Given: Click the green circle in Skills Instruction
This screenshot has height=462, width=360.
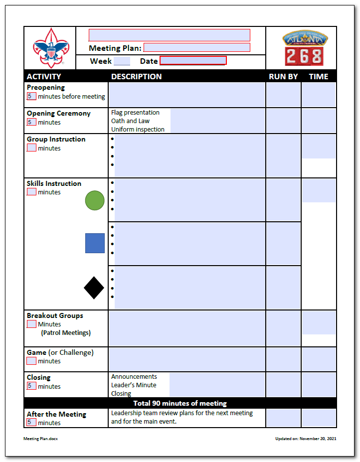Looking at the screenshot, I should tap(95, 200).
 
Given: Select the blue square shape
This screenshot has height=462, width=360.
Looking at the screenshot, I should tap(95, 243).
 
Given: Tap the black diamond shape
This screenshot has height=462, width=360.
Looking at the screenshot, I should tap(94, 288).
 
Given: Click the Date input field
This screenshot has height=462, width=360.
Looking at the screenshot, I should tap(193, 61).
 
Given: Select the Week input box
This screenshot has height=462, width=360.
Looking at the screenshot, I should tap(122, 61).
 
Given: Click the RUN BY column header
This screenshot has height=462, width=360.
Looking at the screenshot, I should tap(283, 77).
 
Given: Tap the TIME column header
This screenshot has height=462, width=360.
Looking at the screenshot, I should tap(319, 77).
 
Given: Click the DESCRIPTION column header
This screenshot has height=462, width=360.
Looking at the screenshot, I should tap(136, 77).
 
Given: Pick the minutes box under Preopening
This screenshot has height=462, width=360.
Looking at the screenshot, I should tap(31, 97).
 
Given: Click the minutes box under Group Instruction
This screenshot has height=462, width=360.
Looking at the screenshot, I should tap(31, 148).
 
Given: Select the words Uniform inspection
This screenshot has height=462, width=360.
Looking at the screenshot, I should tap(138, 130).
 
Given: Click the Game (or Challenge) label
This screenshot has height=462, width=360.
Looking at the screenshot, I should tap(60, 352).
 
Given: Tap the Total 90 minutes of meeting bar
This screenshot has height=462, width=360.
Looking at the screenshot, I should tap(180, 403).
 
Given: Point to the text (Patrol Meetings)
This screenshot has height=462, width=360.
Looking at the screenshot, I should tap(66, 333).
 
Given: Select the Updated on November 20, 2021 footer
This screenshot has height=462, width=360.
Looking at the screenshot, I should tap(306, 439).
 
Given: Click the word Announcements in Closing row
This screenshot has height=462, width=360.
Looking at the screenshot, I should tap(134, 377).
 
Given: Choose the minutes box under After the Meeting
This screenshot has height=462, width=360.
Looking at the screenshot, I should tap(31, 423).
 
